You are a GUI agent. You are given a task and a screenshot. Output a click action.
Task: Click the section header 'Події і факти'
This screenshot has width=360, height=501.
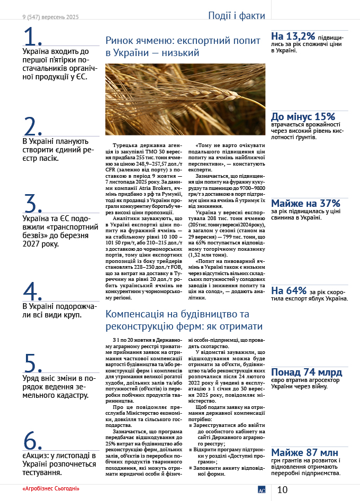pos(237,16)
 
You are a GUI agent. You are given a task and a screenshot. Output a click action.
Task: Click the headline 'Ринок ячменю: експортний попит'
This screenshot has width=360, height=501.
pos(183,41)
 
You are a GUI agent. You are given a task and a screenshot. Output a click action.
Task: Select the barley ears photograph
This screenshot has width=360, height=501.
pos(185,99)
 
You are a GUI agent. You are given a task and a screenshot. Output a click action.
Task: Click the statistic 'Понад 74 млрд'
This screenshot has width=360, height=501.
pos(307,372)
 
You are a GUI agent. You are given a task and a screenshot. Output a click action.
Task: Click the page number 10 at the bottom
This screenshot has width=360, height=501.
pos(282,490)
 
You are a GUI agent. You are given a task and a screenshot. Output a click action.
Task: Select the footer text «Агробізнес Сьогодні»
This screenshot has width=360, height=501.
pos(51,488)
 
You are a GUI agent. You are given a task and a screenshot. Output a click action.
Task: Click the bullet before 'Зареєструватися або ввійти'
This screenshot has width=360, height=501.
pos(191,425)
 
